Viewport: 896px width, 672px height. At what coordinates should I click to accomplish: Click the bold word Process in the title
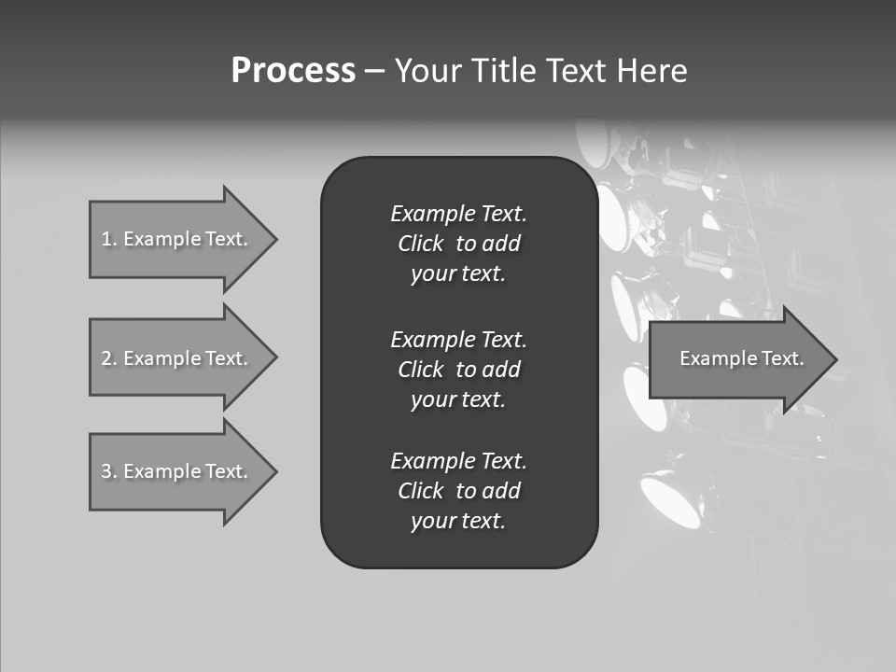click(x=293, y=71)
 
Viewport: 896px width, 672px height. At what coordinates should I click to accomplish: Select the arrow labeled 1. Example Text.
click(x=177, y=239)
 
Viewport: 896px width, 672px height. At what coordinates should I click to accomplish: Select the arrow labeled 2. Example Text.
click(x=177, y=358)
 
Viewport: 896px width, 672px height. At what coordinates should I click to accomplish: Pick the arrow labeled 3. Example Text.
click(x=177, y=471)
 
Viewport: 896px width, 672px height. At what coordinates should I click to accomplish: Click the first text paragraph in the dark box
click(x=458, y=244)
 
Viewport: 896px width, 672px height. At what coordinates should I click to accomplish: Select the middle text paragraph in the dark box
click(x=458, y=370)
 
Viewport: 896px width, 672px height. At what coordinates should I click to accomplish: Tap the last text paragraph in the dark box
click(x=458, y=491)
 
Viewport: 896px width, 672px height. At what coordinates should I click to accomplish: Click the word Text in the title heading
click(x=577, y=71)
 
